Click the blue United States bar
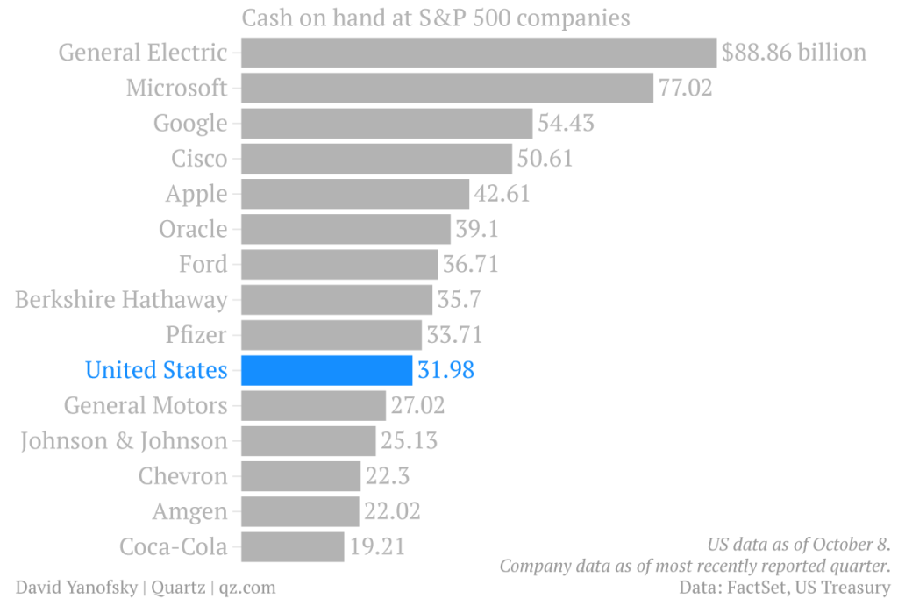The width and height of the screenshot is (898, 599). [x=326, y=370]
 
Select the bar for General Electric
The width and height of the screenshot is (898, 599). [x=479, y=53]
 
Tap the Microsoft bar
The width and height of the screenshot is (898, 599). [x=447, y=88]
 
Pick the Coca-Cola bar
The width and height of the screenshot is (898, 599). [x=292, y=546]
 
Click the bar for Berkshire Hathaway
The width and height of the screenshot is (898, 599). [x=337, y=299]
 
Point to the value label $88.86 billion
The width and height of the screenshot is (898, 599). [x=794, y=53]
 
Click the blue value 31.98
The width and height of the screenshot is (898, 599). [x=446, y=370]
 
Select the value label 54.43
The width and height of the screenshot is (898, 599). [x=566, y=123]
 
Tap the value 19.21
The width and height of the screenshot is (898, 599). [x=377, y=546]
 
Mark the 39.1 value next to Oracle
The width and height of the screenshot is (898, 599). [x=477, y=229]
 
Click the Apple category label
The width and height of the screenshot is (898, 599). [x=196, y=194]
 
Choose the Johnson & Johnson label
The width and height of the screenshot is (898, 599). [x=124, y=440]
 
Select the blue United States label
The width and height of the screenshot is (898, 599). [x=156, y=370]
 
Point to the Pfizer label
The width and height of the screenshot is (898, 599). [x=196, y=335]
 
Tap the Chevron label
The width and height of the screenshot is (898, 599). [x=182, y=476]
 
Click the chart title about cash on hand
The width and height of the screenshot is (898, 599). [x=436, y=18]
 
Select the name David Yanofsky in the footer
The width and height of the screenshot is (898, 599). [x=75, y=587]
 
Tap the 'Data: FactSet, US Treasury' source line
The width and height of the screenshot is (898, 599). [x=785, y=587]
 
